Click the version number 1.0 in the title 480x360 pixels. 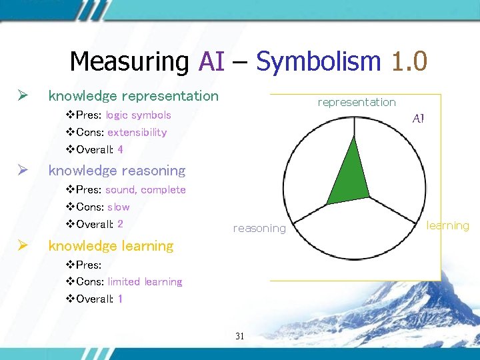click(x=409, y=62)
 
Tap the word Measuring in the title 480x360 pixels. click(x=130, y=62)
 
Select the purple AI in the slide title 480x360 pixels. click(x=212, y=62)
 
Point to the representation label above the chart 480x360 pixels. click(x=357, y=102)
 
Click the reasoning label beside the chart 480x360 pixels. click(x=259, y=229)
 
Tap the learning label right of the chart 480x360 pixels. click(x=448, y=225)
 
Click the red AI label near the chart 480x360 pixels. click(x=419, y=119)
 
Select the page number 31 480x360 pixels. click(x=240, y=336)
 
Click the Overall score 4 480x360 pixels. click(x=120, y=149)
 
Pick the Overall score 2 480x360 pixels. click(x=120, y=224)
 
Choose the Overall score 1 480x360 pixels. click(x=120, y=299)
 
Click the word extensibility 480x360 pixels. click(x=137, y=132)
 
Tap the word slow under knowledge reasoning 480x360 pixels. click(x=119, y=207)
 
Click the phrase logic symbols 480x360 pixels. click(x=138, y=115)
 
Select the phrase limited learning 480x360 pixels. click(x=145, y=281)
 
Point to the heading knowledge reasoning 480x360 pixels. click(x=117, y=171)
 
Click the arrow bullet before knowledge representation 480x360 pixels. click(x=23, y=96)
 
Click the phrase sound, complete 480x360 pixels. click(x=145, y=189)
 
